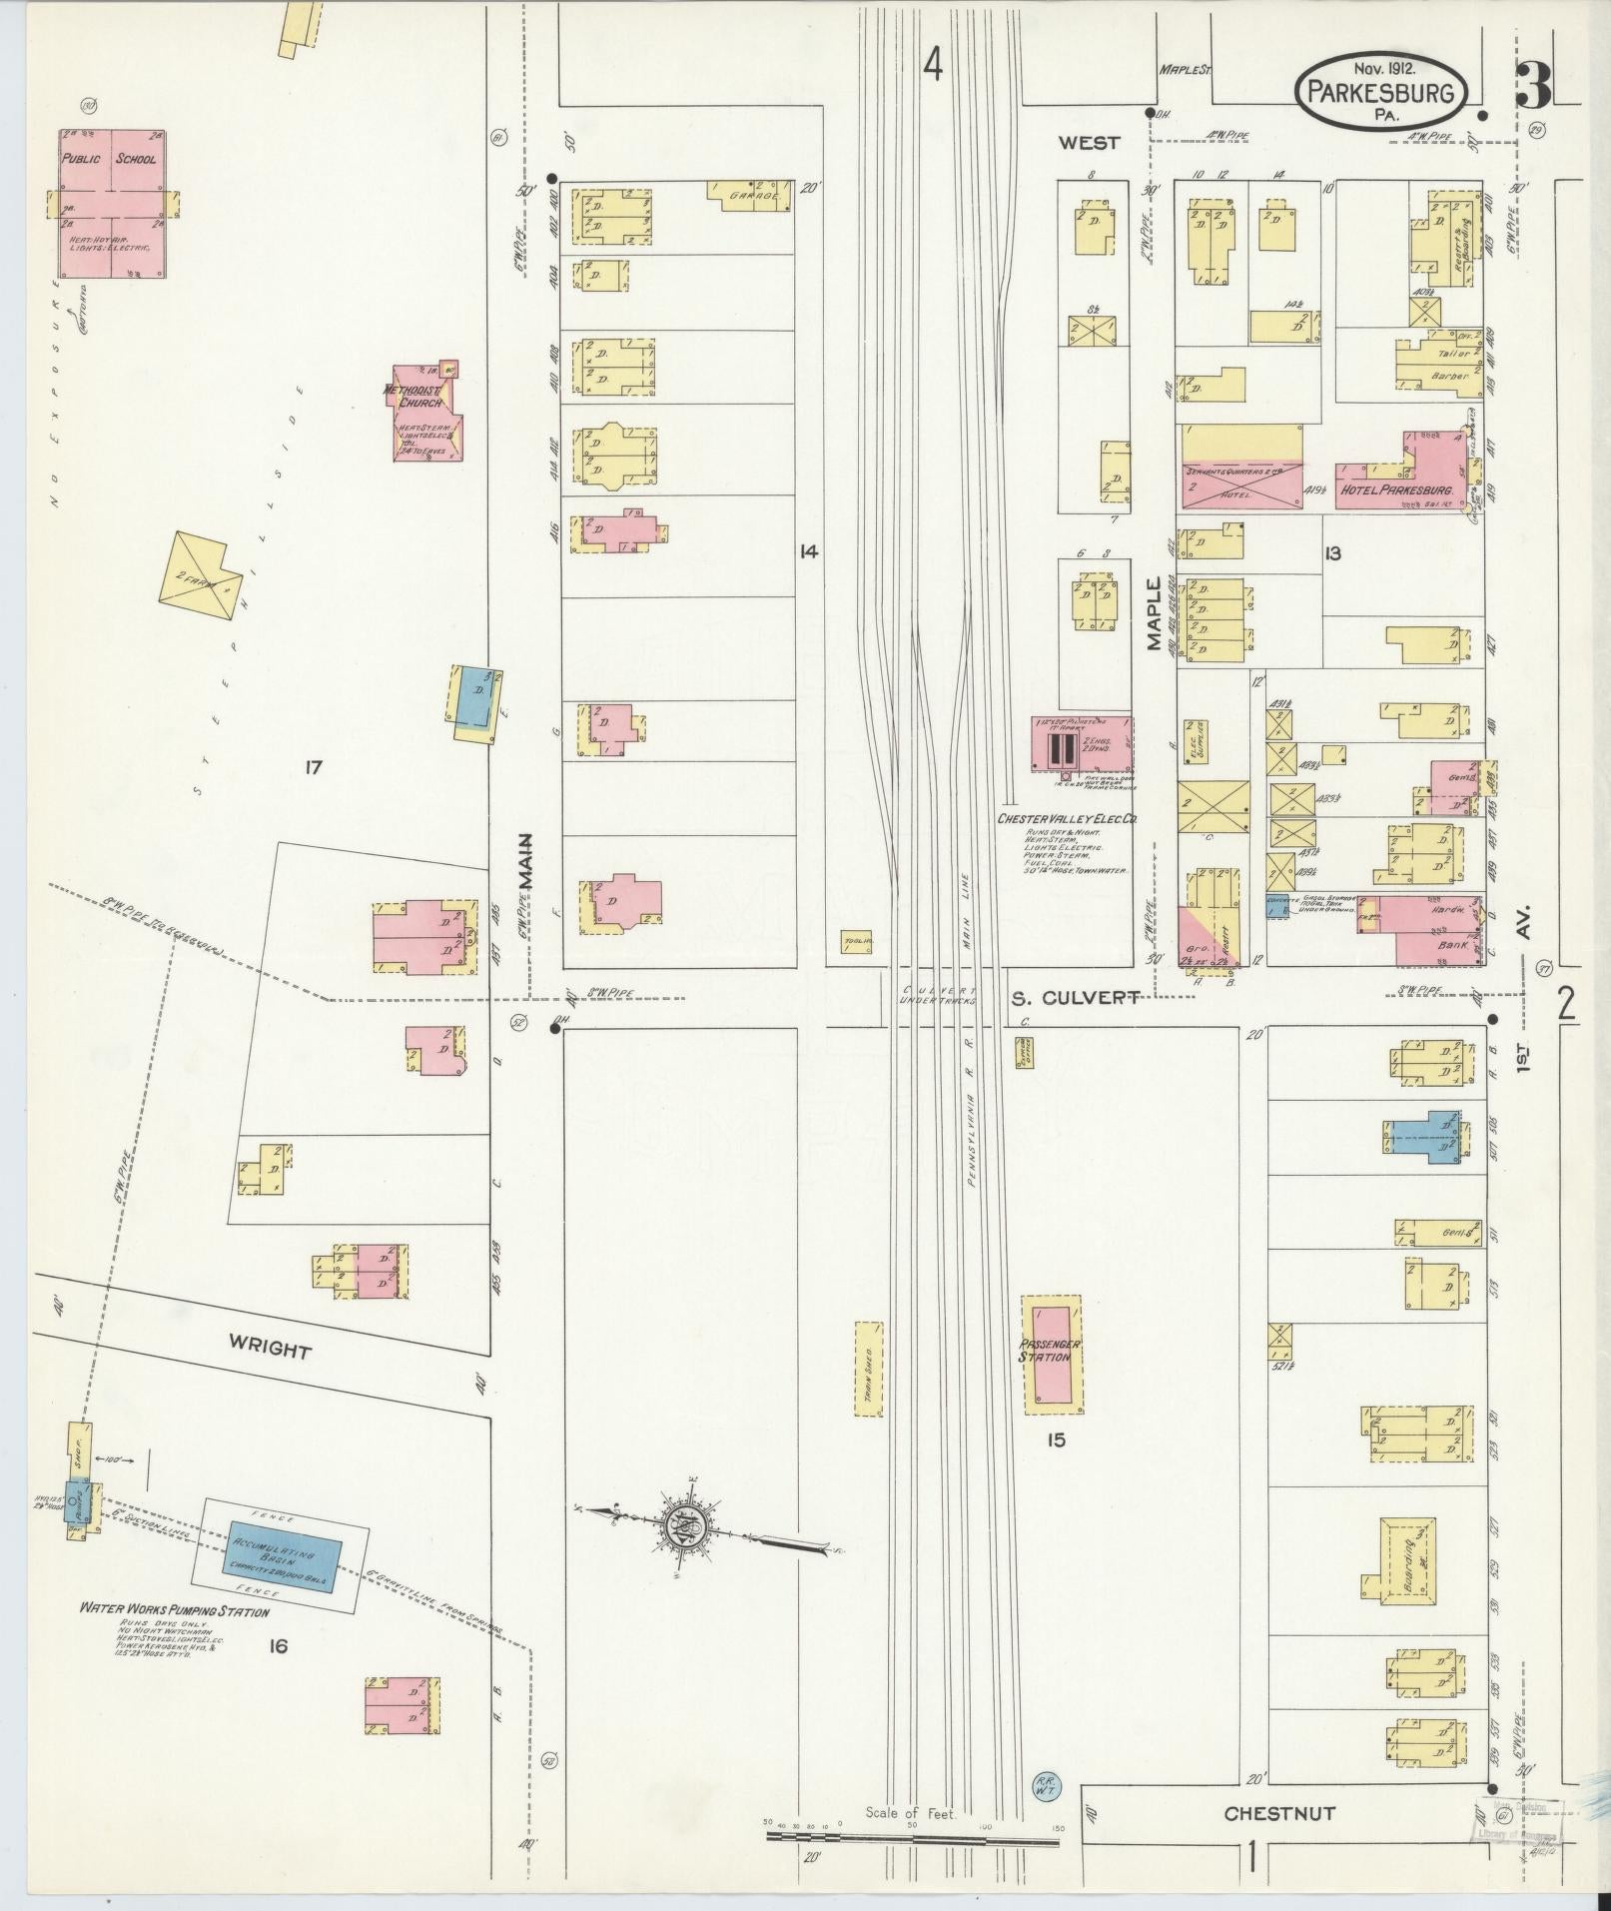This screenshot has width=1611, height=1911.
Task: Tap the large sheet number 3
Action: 1533,86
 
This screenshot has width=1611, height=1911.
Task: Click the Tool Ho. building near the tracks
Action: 855,941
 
